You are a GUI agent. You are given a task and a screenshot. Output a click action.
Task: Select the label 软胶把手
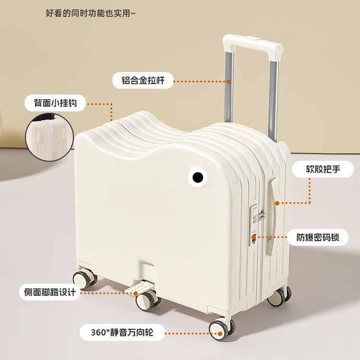323,169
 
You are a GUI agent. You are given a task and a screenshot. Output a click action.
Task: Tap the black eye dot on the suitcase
197,179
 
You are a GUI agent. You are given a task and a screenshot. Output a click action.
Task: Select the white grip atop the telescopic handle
253,44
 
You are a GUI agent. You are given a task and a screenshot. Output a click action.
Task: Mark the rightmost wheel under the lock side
279,297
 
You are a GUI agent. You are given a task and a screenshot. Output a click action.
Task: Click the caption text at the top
90,13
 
